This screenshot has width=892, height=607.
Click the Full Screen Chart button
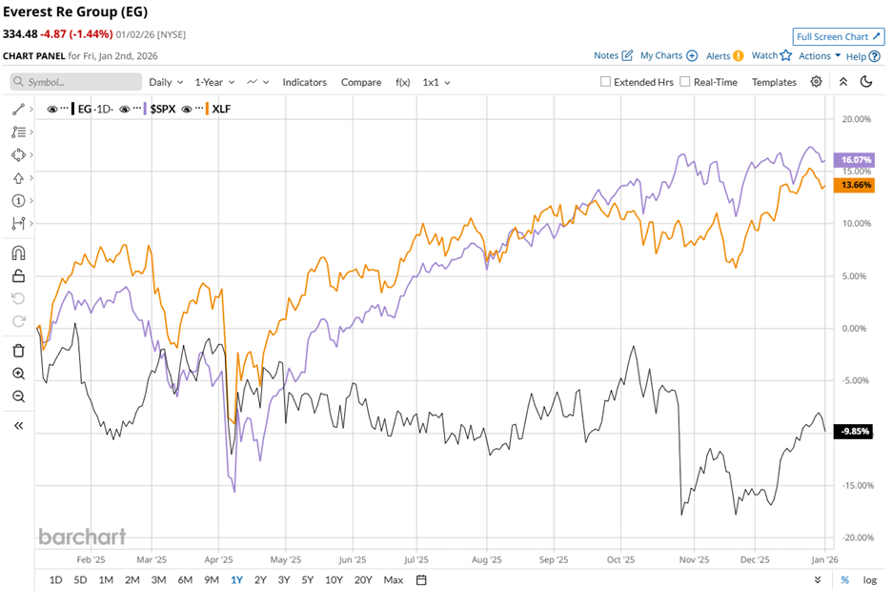839,36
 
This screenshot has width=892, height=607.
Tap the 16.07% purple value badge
853,159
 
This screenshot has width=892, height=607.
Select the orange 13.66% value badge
853,185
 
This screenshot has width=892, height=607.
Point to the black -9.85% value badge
853,432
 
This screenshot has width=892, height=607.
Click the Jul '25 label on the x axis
416,560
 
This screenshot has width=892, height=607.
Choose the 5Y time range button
307,579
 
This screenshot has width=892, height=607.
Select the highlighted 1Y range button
236,579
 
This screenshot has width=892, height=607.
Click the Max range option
393,579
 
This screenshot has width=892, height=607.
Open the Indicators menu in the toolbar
304,82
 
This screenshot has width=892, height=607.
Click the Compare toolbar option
361,82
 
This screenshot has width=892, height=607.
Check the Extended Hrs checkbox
606,82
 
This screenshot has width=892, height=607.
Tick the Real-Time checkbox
685,82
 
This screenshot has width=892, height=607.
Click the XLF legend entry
221,109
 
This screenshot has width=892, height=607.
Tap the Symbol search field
76,82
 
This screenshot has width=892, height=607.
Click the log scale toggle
869,579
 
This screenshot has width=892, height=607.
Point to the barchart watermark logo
82,536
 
